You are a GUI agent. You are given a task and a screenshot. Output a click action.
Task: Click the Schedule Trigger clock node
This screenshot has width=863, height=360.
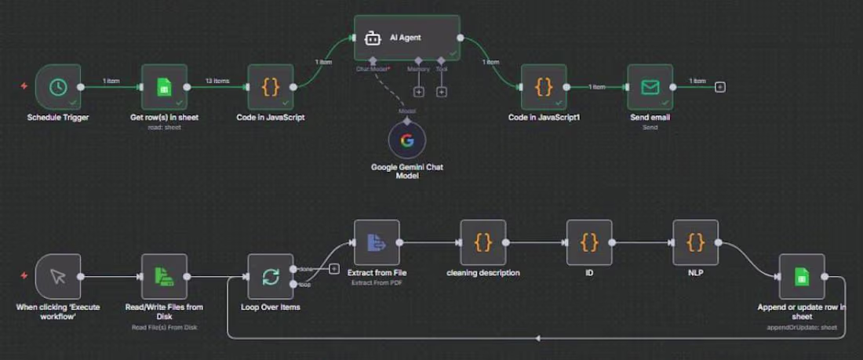[x=57, y=87]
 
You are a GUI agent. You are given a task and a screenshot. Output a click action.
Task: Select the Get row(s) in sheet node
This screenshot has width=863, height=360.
[x=164, y=87]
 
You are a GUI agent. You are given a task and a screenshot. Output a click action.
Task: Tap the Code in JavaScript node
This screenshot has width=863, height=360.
[x=271, y=87]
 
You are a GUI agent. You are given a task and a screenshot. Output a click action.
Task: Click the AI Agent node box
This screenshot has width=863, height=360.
[x=406, y=38]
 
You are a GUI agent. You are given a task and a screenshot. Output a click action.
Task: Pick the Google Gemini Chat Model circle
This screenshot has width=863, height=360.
[x=407, y=141]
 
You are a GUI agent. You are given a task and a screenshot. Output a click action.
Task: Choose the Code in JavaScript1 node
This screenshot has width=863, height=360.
[x=544, y=87]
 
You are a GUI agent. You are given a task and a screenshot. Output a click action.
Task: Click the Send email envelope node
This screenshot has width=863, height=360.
[x=650, y=87]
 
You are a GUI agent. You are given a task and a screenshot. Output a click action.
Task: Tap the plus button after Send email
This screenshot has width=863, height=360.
[x=720, y=86]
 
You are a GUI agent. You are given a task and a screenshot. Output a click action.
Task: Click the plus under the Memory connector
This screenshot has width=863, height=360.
[x=419, y=93]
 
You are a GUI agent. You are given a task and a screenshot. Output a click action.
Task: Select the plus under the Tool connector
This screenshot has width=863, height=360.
[x=442, y=93]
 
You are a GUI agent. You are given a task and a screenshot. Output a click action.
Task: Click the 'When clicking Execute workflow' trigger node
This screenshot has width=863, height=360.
[x=57, y=276]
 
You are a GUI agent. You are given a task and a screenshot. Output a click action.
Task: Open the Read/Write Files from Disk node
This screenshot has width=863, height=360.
[x=164, y=276]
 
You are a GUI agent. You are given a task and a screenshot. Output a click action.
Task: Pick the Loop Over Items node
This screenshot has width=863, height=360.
[x=271, y=276]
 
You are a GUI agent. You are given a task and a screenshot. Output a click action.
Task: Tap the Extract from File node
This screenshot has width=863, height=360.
[x=377, y=243]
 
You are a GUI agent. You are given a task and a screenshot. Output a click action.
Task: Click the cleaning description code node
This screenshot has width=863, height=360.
[x=483, y=243]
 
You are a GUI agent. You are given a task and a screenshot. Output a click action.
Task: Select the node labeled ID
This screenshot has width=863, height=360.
[x=589, y=243]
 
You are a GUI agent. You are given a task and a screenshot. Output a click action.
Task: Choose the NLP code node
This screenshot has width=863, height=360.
[x=696, y=243]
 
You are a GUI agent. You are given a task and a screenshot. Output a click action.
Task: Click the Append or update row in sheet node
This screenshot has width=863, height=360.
[x=801, y=276]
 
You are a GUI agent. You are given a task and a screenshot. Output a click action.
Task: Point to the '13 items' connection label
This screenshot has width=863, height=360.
[x=217, y=81]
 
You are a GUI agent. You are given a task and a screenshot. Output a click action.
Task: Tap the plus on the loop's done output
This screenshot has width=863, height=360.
[x=334, y=269]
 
